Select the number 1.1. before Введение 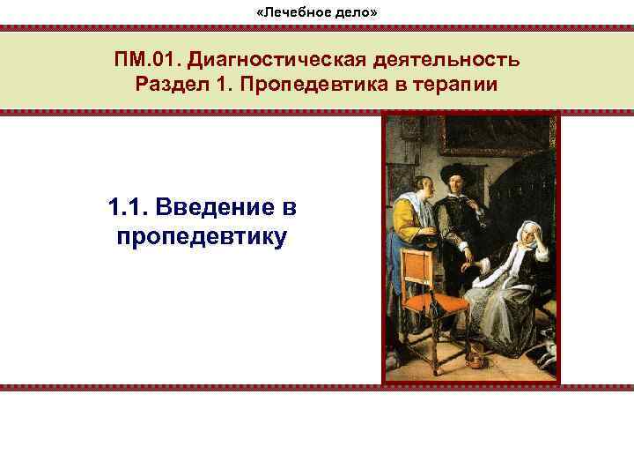coord(129,210)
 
